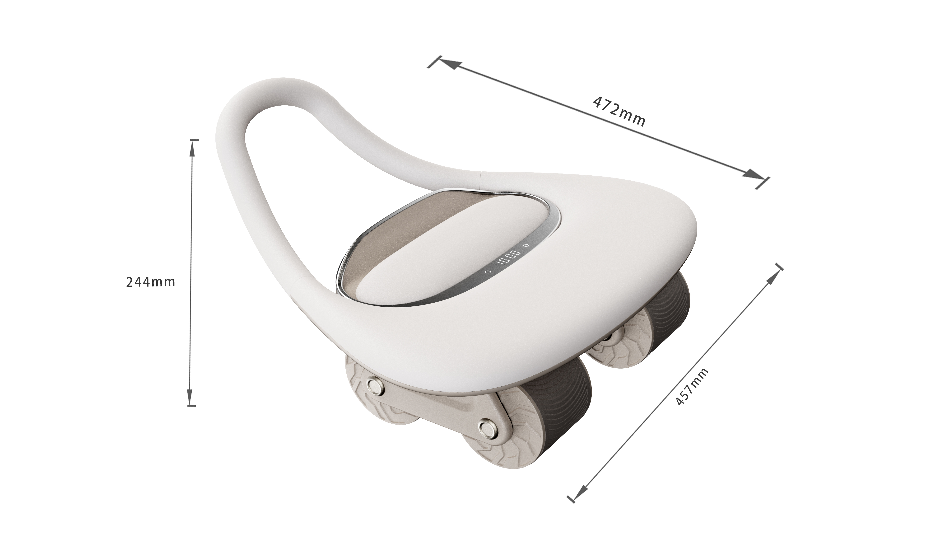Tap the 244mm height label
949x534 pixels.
coord(150,282)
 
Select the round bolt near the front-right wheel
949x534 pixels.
coord(487,428)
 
